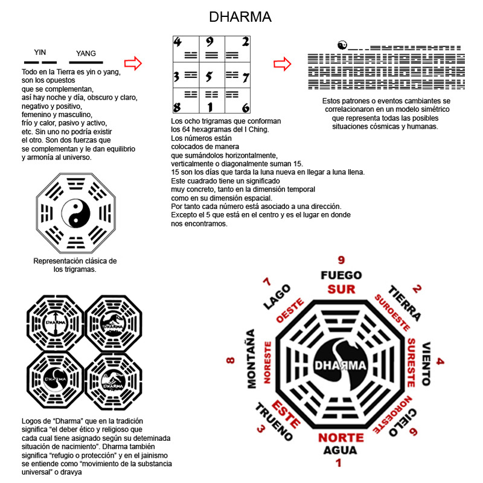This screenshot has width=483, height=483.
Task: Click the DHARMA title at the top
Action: (240, 17)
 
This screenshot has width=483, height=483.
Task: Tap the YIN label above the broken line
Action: (40, 53)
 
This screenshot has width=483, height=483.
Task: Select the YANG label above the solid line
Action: (86, 54)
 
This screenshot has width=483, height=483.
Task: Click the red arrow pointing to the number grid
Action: (132, 63)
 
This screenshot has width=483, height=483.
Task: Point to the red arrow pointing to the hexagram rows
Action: (283, 63)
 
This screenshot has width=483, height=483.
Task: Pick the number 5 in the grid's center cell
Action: (209, 77)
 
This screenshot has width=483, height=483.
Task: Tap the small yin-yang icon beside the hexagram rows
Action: (342, 45)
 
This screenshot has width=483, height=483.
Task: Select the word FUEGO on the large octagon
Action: (341, 276)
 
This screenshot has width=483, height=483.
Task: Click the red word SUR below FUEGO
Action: (341, 289)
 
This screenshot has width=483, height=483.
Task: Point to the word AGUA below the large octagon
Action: (340, 450)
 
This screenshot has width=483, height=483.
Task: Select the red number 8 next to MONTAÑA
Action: (230, 361)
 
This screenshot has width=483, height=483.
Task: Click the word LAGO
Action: (275, 297)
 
